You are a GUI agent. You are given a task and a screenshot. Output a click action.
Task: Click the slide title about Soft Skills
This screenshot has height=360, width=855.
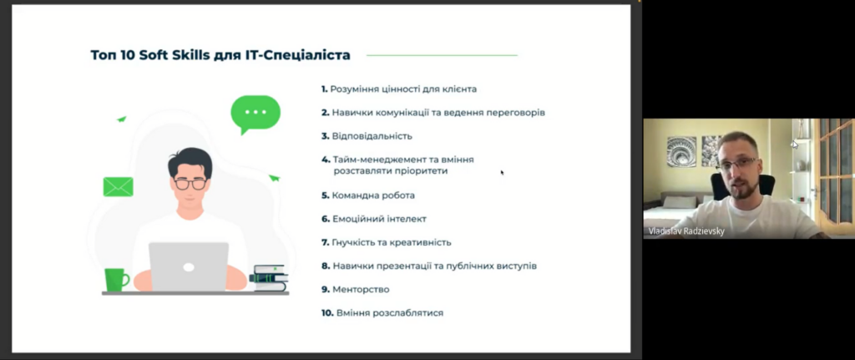[220, 55]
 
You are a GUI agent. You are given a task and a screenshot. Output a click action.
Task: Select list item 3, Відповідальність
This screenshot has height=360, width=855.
[367, 136]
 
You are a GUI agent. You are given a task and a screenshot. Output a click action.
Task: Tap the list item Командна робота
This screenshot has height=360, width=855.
[368, 195]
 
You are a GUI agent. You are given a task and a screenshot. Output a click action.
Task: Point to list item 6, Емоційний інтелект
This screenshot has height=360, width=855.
[373, 219]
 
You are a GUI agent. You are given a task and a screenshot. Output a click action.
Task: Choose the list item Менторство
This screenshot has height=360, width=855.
[355, 290]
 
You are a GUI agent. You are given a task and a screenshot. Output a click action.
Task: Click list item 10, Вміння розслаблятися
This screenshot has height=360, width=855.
[382, 313]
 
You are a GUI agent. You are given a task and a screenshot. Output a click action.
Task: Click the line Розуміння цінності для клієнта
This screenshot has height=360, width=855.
[399, 89]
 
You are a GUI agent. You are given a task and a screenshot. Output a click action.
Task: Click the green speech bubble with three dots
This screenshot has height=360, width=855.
[255, 114]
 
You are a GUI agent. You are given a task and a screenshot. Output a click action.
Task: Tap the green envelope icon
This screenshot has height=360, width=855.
[119, 187]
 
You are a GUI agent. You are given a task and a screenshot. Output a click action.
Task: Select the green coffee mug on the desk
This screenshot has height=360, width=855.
[116, 279]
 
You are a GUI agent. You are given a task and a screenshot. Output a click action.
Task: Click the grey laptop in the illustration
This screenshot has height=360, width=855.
[189, 266]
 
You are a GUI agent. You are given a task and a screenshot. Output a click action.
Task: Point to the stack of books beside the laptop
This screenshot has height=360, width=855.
[269, 278]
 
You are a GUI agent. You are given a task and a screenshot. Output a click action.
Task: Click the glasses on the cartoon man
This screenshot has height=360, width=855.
[190, 183]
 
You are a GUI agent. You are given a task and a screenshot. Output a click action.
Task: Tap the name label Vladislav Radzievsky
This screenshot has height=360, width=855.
[686, 231]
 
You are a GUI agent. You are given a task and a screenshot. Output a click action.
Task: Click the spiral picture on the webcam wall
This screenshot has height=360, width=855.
[681, 151]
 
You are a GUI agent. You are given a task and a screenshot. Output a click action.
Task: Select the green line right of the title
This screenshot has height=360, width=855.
[442, 55]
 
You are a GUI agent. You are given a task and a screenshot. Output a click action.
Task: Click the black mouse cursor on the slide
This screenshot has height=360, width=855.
[502, 172]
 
